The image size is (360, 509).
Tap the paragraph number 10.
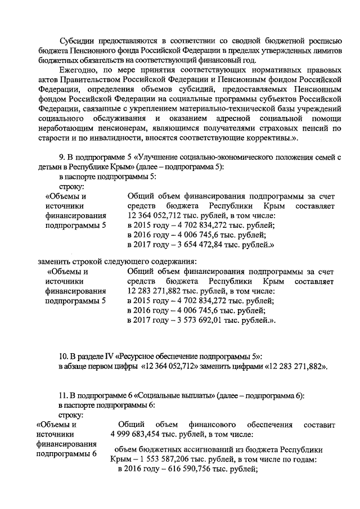click(64, 356)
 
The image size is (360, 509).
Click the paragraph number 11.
click(64, 395)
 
